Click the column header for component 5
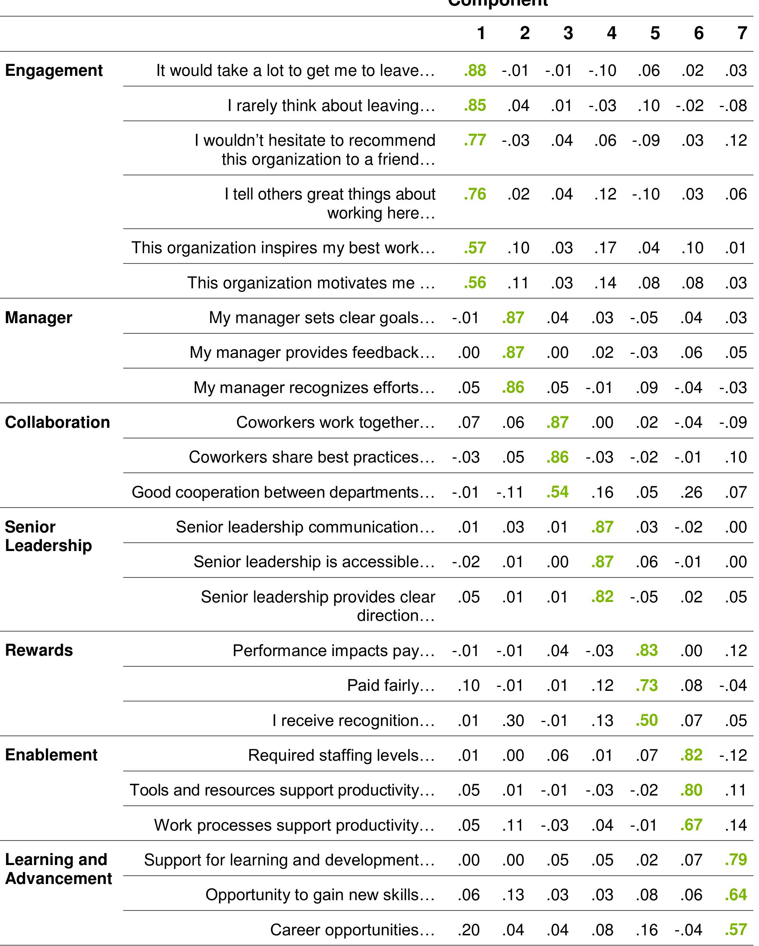(655, 33)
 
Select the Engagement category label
(54, 71)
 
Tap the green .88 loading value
(475, 71)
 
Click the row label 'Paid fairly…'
(391, 685)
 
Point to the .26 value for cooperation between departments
(691, 492)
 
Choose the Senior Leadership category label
(48, 536)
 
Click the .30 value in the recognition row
(513, 720)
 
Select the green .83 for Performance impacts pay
(647, 650)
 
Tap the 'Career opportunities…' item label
(352, 930)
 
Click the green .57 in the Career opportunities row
(736, 930)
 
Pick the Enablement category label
(51, 755)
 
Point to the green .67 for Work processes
(691, 825)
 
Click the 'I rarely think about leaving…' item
(331, 106)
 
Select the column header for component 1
(481, 33)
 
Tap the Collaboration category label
(58, 423)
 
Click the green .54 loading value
(558, 492)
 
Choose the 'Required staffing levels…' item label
(341, 755)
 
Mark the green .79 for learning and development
(736, 859)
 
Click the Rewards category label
(39, 650)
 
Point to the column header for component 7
(742, 33)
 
